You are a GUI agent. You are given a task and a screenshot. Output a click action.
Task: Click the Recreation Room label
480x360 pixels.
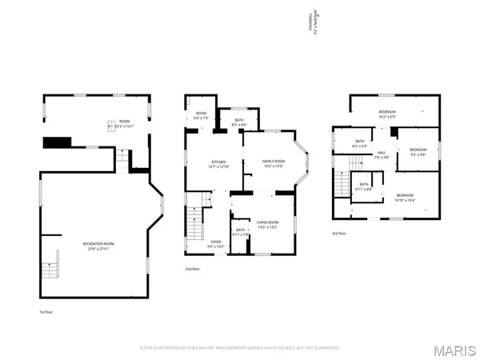(98, 245)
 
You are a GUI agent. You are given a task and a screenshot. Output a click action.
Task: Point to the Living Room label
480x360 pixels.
(267, 224)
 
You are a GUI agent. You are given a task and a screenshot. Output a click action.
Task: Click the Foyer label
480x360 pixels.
(216, 243)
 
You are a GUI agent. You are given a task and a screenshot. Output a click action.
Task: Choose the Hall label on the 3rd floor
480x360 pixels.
(382, 154)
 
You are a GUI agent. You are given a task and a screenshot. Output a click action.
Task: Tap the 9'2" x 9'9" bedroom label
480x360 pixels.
(418, 151)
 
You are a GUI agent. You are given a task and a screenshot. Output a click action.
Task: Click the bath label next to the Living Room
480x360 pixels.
(240, 232)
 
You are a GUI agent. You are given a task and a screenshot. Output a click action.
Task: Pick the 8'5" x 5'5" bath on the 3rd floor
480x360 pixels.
(359, 144)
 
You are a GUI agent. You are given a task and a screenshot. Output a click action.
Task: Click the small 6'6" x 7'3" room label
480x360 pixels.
(200, 115)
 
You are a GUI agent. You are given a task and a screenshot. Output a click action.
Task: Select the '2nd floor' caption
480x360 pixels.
(193, 269)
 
